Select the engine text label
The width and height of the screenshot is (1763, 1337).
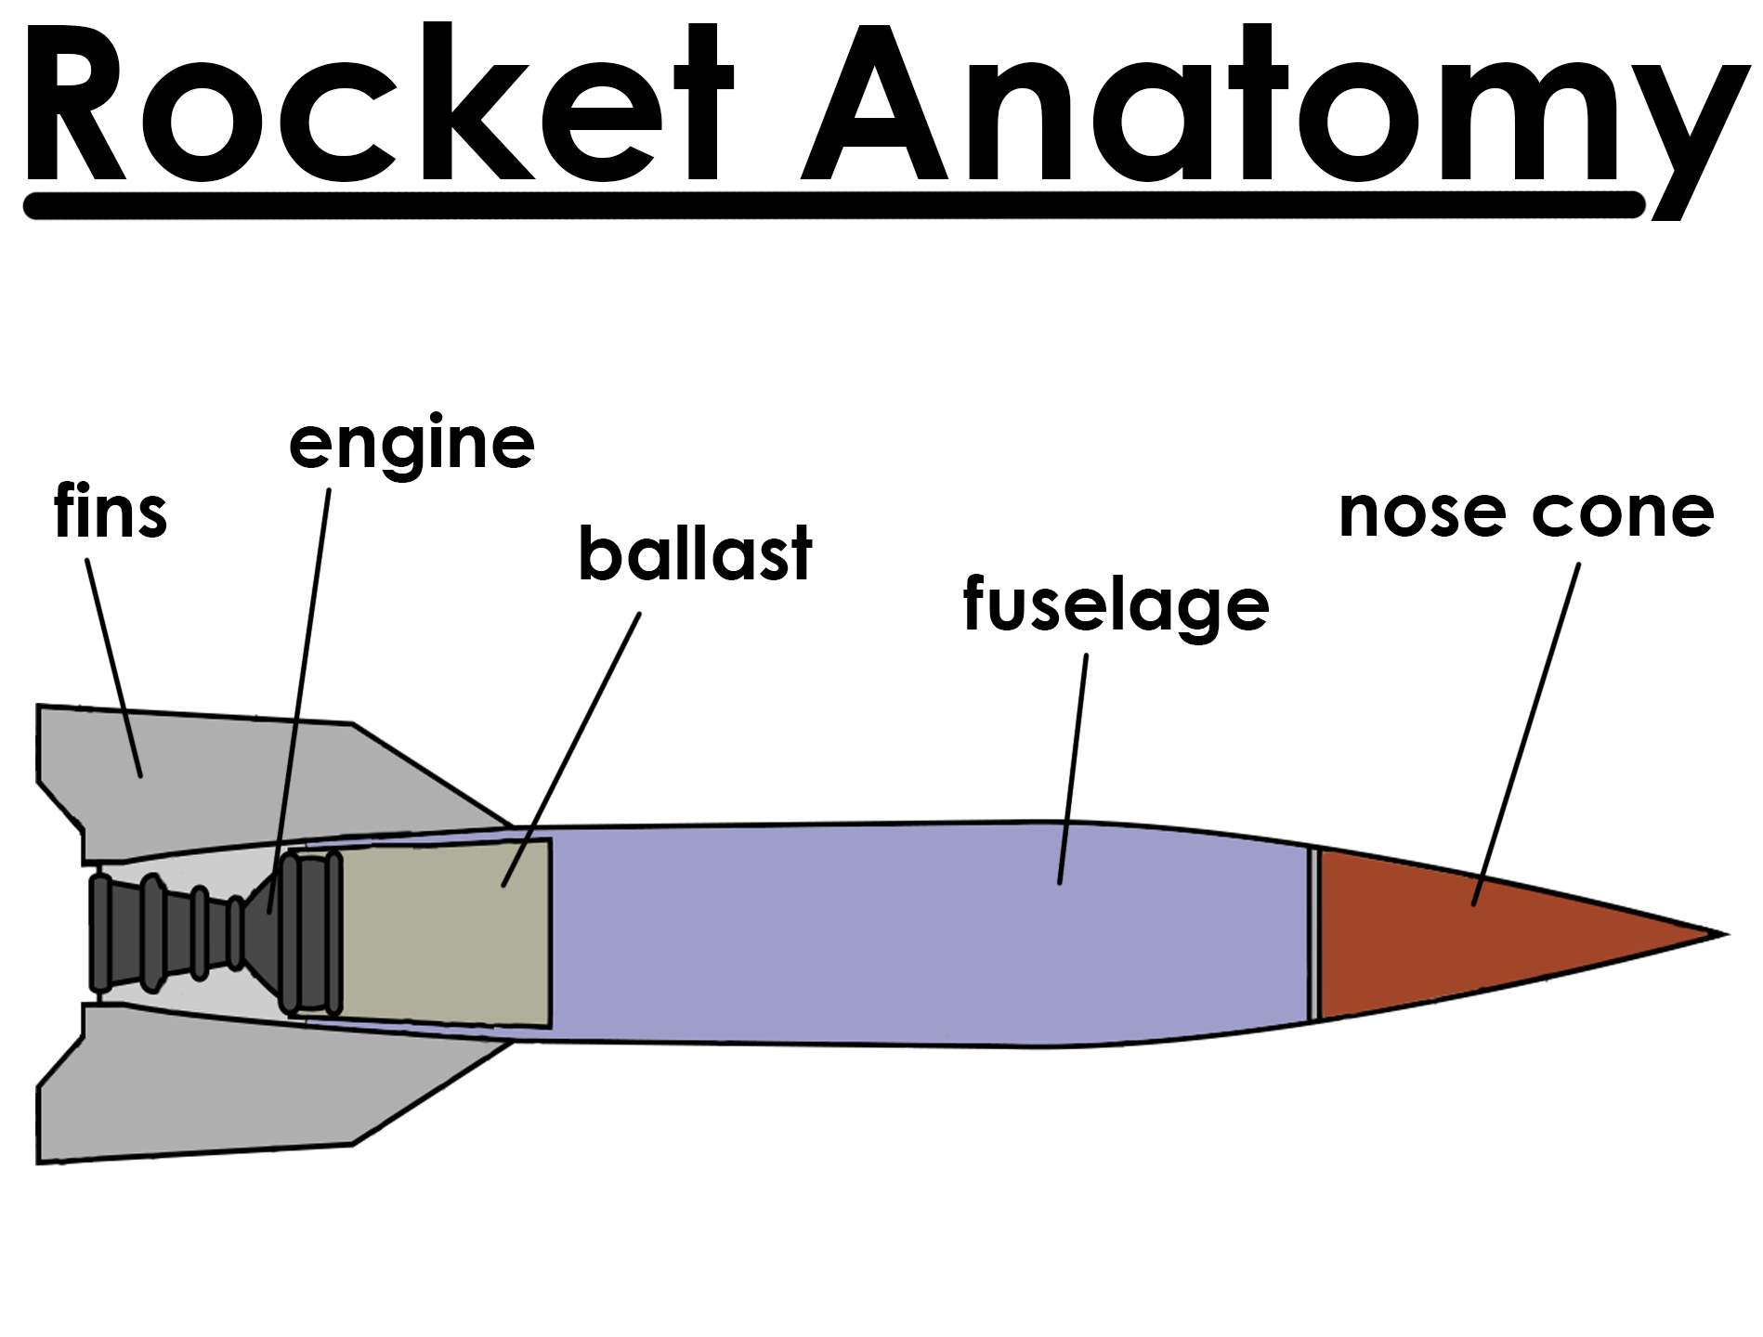point(411,444)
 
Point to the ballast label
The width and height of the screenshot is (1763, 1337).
point(695,554)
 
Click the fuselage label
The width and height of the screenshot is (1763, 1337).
point(1116,605)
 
